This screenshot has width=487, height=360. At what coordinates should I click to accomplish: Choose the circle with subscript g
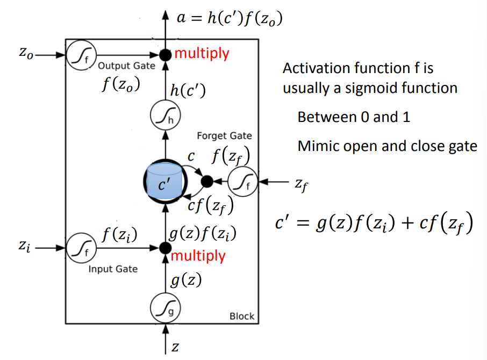[166, 307]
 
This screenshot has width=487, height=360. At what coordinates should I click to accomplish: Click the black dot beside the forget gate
[207, 182]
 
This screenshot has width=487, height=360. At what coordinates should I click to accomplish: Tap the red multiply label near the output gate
[202, 53]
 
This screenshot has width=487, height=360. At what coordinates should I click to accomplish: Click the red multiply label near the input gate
[198, 256]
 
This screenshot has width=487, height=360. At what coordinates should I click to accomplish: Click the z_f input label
[303, 183]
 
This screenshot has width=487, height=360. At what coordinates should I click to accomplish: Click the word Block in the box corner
[242, 316]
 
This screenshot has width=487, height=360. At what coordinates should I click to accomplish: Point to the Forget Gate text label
[224, 136]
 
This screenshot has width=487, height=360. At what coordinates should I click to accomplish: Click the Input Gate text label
[113, 269]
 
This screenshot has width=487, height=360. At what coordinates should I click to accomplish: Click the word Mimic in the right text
[320, 146]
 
